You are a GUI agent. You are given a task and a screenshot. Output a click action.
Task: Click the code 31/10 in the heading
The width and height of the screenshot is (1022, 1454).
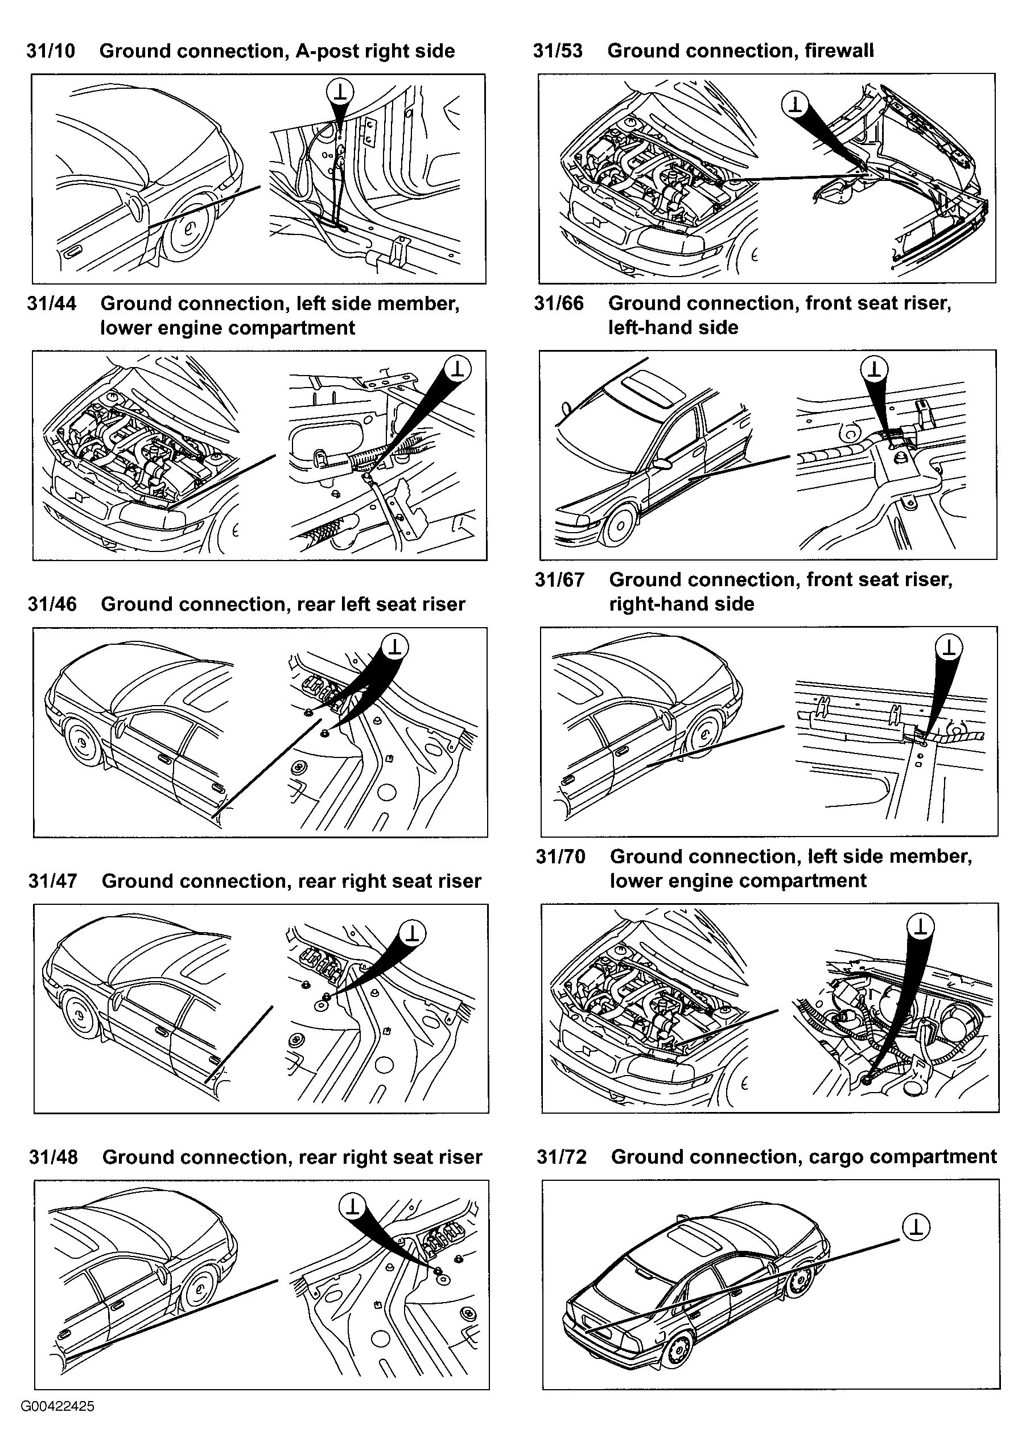click(51, 51)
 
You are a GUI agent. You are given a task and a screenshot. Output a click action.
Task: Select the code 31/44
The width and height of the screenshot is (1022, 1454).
click(51, 304)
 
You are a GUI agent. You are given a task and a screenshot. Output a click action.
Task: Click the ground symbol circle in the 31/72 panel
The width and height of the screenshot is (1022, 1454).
click(916, 1228)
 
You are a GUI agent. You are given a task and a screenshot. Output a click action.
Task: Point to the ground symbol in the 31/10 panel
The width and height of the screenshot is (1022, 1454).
click(341, 92)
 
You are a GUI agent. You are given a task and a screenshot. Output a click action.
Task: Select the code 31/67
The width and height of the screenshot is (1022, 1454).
click(559, 580)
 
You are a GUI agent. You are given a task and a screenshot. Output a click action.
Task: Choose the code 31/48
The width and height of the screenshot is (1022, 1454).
click(53, 1158)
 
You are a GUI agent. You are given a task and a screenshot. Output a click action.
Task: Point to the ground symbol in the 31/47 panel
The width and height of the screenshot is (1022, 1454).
click(412, 933)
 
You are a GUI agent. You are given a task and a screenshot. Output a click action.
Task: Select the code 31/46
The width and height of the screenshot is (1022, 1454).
click(52, 604)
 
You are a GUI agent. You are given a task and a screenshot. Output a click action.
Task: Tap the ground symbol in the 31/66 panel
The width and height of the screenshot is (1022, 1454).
click(875, 369)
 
